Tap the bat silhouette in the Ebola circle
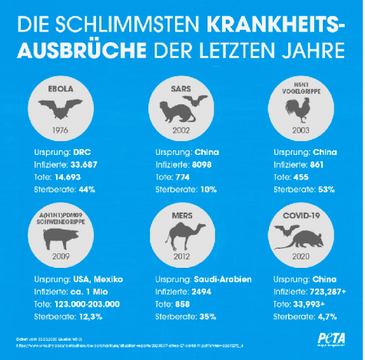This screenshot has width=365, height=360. click(63, 105)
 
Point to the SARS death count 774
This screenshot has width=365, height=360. click(187, 176)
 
